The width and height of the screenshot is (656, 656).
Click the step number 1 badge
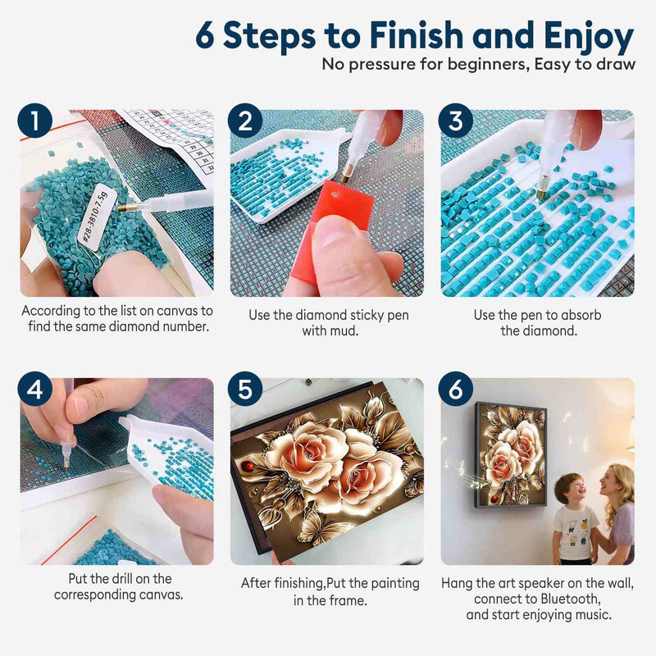point(35,121)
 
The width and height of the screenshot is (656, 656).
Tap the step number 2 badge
point(245,121)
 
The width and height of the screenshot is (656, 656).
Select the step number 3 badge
point(456,121)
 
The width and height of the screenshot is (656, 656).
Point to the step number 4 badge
point(35,389)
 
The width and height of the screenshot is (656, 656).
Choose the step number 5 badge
point(245,389)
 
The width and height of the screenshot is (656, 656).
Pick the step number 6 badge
point(456,389)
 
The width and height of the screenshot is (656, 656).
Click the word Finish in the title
point(417,34)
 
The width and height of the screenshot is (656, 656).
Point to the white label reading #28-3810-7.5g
point(93,217)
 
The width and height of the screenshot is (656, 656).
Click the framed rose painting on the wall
point(510,454)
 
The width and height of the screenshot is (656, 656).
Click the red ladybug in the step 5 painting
point(248,465)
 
